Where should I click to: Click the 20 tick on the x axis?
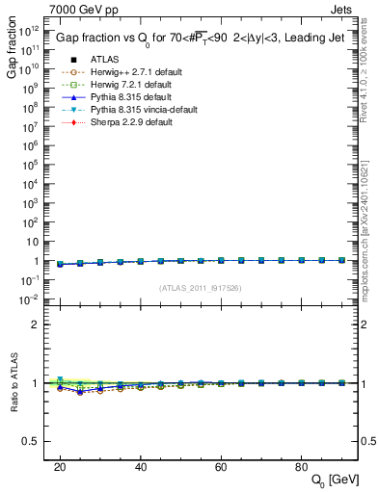(x=60, y=466)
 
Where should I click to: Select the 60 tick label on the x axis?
(x=220, y=466)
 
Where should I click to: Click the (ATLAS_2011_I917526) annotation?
(x=200, y=289)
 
